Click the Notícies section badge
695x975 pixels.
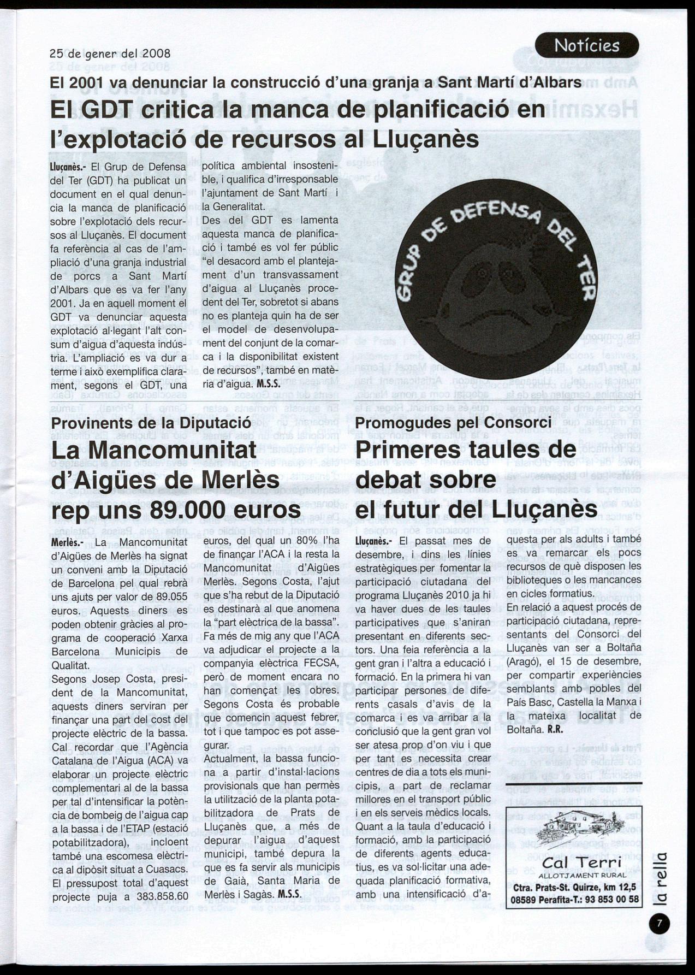point(587,45)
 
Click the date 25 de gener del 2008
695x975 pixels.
point(110,54)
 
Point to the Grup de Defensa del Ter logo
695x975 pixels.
point(496,279)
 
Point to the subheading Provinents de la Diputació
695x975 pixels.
point(151,423)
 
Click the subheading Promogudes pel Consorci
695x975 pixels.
point(453,423)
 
